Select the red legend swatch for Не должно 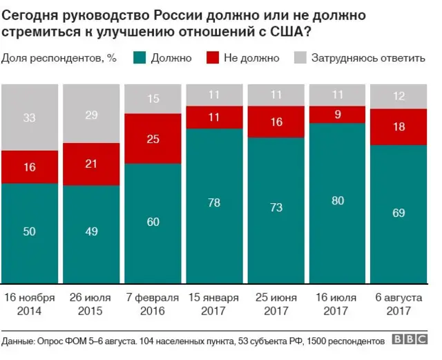coord(211,57)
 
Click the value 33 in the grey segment coord(29,117)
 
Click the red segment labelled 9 coord(336,114)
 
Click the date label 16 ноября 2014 coord(30,304)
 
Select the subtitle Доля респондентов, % coord(58,57)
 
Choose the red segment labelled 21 coord(90,164)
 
